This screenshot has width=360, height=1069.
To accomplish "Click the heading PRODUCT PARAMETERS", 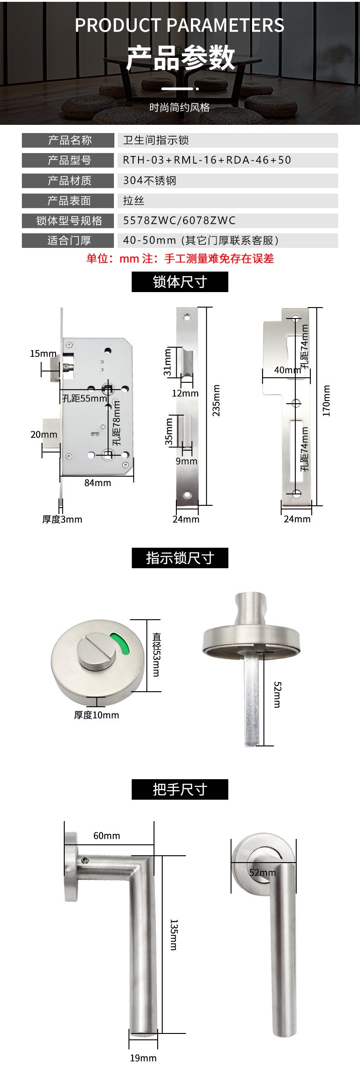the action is tap(180, 25).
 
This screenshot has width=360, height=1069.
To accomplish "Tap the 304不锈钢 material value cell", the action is tap(227, 180).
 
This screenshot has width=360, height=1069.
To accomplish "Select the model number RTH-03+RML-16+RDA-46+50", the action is tap(207, 160).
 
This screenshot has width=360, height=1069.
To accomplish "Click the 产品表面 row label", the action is tap(68, 200).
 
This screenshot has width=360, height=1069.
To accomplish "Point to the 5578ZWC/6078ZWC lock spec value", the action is tap(180, 221).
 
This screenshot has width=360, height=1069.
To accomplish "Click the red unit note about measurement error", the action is tap(180, 259).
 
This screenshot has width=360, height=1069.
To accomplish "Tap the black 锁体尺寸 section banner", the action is tap(180, 282).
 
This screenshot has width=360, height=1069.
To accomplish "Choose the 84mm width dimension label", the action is tap(98, 483).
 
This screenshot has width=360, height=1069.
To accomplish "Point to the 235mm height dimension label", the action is tap(216, 401).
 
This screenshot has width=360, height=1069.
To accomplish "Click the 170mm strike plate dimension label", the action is tap(326, 401).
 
